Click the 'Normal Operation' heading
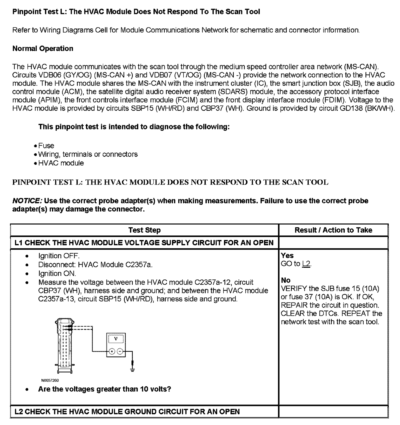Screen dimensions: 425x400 click(x=43, y=48)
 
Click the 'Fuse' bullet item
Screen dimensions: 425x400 click(x=46, y=146)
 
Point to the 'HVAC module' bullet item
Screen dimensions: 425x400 click(x=61, y=163)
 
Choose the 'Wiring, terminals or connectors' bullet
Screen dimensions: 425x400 click(x=88, y=154)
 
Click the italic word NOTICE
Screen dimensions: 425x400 click(x=27, y=201)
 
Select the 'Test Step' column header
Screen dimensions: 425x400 click(x=144, y=230)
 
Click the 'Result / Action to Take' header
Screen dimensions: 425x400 click(x=333, y=230)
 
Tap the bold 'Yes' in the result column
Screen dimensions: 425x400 click(x=287, y=255)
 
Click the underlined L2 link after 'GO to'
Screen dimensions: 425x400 click(x=306, y=264)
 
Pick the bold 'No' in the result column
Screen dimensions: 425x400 click(x=286, y=280)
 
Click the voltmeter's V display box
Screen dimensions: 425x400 click(x=116, y=339)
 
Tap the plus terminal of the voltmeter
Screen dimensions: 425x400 click(x=112, y=351)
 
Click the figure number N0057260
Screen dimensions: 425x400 click(x=50, y=380)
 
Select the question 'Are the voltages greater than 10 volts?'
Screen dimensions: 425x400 click(x=104, y=389)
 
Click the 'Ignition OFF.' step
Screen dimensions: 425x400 click(x=59, y=256)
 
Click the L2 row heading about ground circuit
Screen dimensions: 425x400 click(x=127, y=411)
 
